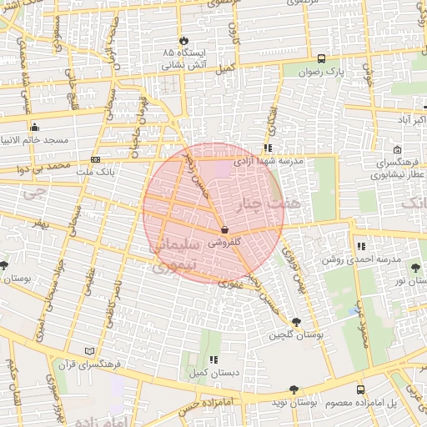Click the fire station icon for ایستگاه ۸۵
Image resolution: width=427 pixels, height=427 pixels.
183,40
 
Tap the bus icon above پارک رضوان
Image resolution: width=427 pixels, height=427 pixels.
322,58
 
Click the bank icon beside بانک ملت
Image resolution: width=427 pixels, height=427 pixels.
95,159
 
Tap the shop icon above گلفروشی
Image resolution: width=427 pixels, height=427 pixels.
224,229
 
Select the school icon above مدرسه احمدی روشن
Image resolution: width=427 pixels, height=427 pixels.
361,246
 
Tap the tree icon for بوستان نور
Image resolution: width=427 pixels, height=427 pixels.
415,268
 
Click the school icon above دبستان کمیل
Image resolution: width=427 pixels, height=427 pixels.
213,359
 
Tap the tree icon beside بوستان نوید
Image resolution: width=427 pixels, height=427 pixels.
293,389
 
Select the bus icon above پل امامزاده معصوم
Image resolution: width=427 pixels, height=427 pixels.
360,389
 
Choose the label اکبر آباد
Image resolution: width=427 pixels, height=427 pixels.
409,121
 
